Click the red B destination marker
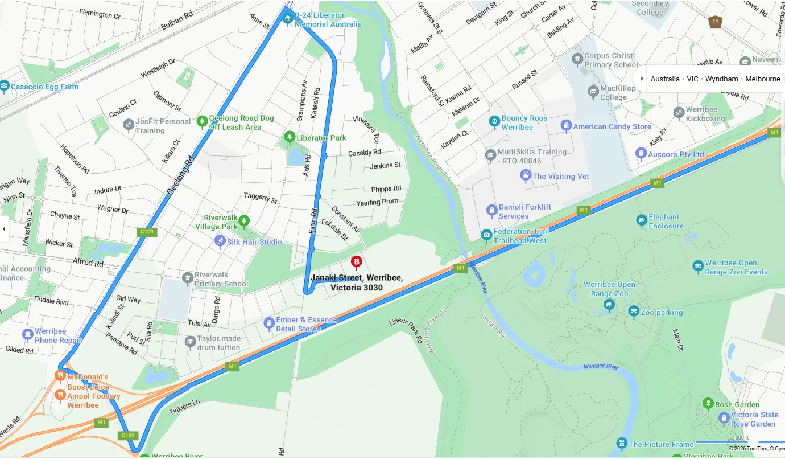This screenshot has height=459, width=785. pyautogui.click(x=357, y=262)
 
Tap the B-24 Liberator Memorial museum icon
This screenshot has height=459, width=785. pyautogui.click(x=288, y=19)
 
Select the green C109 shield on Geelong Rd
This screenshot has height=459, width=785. pyautogui.click(x=147, y=232)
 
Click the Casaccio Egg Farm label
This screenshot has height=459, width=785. pyautogui.click(x=44, y=87)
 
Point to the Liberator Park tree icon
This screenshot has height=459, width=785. pyautogui.click(x=290, y=137)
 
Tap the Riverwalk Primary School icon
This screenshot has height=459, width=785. pyautogui.click(x=187, y=278)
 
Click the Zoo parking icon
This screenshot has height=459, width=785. pyautogui.click(x=634, y=312)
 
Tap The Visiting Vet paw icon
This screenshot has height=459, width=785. pyautogui.click(x=526, y=175)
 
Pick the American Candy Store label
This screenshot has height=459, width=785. pyautogui.click(x=612, y=126)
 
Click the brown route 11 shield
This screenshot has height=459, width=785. pyautogui.click(x=715, y=22)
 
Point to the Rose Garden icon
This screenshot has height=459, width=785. pyautogui.click(x=708, y=404)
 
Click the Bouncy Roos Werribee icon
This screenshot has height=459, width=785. pyautogui.click(x=494, y=122)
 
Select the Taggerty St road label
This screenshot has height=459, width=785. pyautogui.click(x=261, y=198)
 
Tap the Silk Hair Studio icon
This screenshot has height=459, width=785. pyautogui.click(x=220, y=241)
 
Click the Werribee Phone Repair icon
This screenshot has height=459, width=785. pyautogui.click(x=27, y=335)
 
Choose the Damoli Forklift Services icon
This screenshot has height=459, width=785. pyautogui.click(x=491, y=211)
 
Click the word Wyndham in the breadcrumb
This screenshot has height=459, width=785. pyautogui.click(x=721, y=79)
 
